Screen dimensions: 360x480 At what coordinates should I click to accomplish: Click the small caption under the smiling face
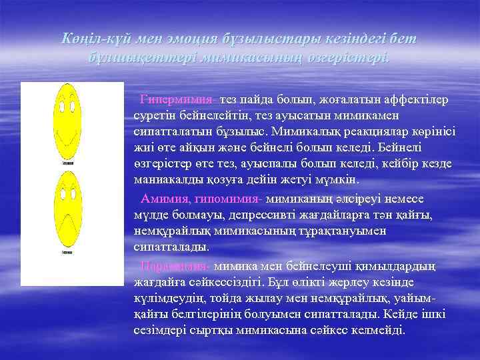tap(67, 162)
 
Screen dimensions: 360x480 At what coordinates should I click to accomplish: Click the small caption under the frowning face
tap(67, 253)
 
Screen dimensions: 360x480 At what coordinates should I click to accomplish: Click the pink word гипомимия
tap(229, 199)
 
